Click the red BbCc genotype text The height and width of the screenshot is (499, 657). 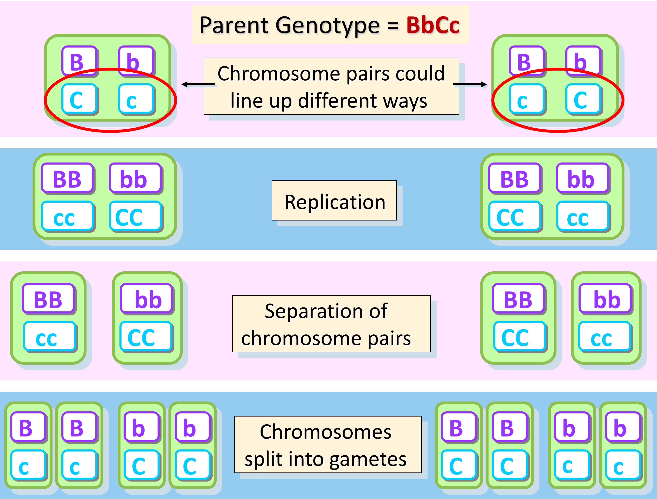[x=433, y=25]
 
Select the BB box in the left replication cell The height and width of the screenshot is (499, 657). [x=67, y=179]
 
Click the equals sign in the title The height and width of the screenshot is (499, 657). [x=393, y=26]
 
